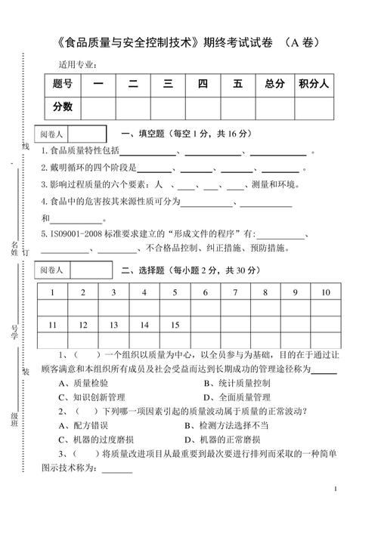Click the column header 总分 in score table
tap(274, 85)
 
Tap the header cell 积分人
tap(313, 85)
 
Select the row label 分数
tap(63, 107)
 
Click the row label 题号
tap(63, 85)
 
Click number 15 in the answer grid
tap(175, 325)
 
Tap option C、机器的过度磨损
tap(97, 440)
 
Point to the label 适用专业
tap(77, 63)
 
